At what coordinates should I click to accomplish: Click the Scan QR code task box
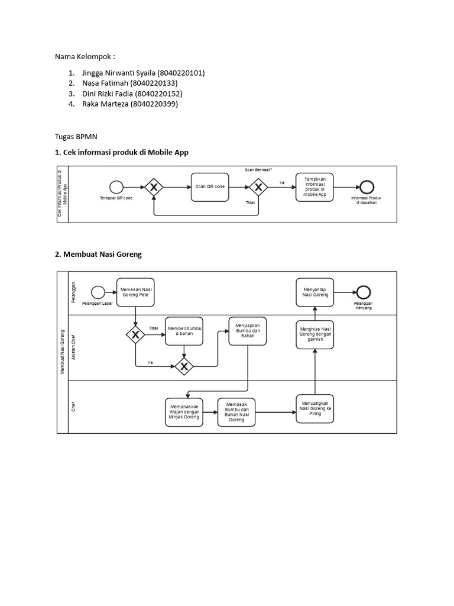(210, 187)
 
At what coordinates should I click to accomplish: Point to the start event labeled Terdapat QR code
(116, 187)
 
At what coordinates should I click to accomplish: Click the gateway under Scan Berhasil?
(258, 187)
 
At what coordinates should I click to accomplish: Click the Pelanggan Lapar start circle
(98, 292)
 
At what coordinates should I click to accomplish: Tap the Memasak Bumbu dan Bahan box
(236, 411)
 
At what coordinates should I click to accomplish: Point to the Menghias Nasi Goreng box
(315, 335)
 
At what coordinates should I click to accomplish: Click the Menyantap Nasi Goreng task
(315, 292)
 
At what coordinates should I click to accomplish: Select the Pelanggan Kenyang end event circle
(363, 292)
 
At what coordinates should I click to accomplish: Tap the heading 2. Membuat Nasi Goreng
(98, 254)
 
